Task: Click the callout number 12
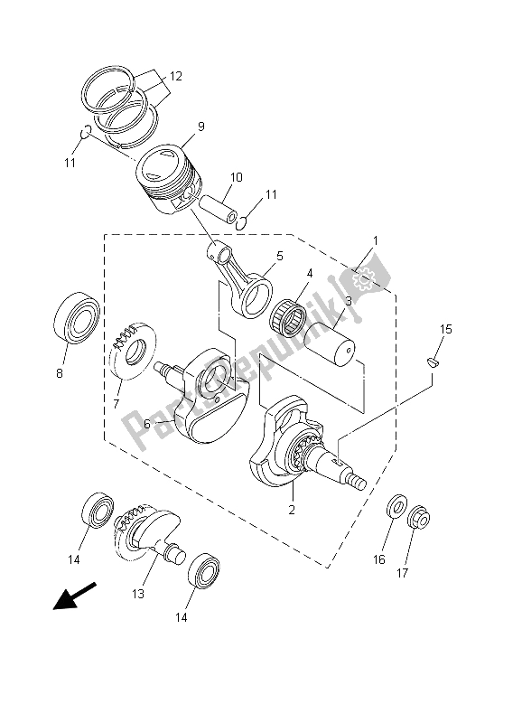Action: click(175, 76)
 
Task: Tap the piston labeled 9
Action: click(168, 179)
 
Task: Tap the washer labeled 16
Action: click(396, 504)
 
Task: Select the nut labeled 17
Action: click(418, 517)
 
